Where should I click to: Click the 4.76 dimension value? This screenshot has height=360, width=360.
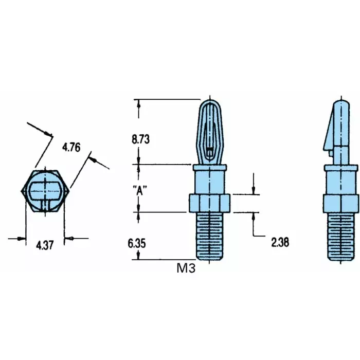pos(71,148)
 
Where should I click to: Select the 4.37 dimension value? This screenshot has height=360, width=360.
pos(45,246)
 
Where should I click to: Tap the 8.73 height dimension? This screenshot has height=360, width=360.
pos(140,139)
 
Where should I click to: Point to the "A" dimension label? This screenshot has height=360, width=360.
pos(140,189)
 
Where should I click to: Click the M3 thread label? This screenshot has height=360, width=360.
pos(186,268)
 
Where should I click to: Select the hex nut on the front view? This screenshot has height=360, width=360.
pos(210,203)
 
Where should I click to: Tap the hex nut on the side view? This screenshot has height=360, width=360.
pos(340,203)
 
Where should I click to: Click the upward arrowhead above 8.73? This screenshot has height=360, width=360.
pos(138,103)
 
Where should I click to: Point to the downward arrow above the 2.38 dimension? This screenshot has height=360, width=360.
pos(254,190)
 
